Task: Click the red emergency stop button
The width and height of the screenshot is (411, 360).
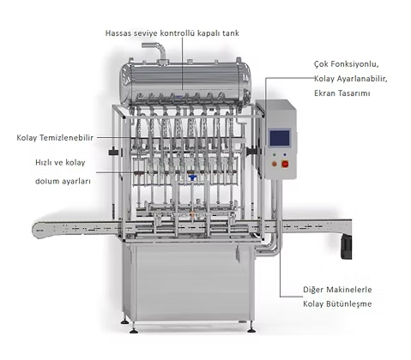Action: tap(285, 164)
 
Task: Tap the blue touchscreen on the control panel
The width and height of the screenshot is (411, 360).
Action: tap(280, 138)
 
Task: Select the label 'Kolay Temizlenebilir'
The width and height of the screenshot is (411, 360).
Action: tap(55, 138)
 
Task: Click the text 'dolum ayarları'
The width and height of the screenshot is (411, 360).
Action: tap(63, 181)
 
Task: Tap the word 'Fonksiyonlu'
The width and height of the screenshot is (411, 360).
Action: tap(359, 64)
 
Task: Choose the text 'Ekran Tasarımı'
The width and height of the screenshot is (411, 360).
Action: tap(342, 93)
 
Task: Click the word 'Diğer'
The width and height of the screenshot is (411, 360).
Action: tap(313, 290)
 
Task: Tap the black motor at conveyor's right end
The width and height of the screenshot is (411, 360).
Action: tap(346, 247)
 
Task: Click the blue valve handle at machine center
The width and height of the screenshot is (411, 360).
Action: tap(193, 178)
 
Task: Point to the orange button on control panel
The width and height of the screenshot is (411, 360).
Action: tap(275, 164)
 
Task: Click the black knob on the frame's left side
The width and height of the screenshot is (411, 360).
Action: tap(114, 152)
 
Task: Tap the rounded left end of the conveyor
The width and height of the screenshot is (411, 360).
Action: tap(36, 229)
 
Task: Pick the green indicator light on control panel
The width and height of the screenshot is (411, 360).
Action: tap(275, 154)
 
